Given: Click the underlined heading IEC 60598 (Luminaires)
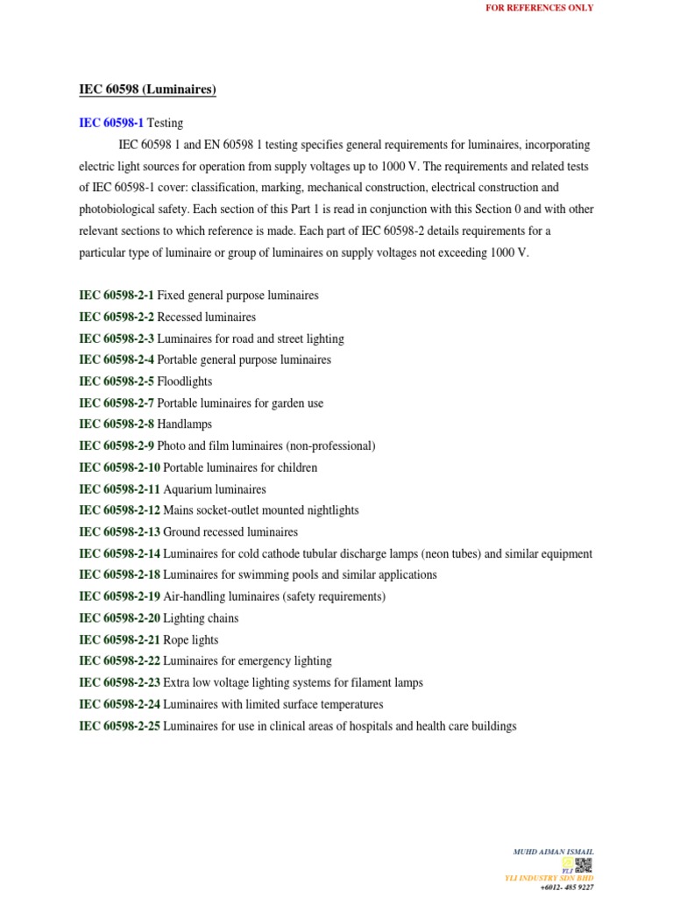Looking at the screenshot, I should tap(142, 89).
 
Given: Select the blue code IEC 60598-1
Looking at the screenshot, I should tap(111, 123).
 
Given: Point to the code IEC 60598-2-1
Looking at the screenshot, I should tap(117, 296).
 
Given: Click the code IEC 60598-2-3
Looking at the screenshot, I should tap(117, 339).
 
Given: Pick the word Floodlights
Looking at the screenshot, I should tap(185, 381).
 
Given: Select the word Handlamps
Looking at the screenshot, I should tap(185, 424).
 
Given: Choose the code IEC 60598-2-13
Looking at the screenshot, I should tap(120, 532).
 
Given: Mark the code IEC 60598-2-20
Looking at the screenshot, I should tap(120, 618).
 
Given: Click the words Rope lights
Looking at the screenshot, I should tap(191, 640).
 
